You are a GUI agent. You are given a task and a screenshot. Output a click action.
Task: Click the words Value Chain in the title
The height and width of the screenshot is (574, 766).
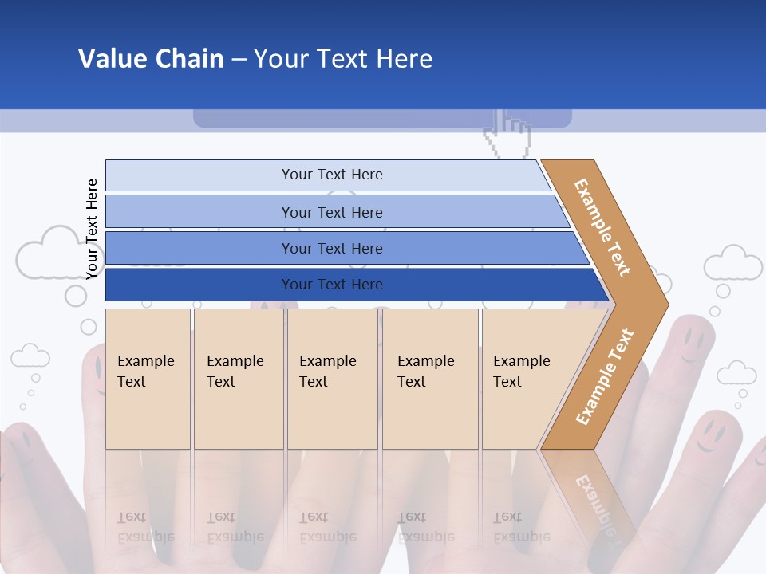point(151,58)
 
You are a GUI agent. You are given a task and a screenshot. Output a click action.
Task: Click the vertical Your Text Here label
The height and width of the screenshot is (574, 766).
point(92,229)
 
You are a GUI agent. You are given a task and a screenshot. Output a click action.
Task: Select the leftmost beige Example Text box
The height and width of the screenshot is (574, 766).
point(148,379)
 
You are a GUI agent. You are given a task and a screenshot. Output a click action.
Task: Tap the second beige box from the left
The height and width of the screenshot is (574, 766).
point(239,379)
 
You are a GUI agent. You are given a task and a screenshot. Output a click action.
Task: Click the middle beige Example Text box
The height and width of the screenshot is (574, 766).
point(332,379)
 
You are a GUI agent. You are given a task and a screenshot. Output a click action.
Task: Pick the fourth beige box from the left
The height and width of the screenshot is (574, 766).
point(430,379)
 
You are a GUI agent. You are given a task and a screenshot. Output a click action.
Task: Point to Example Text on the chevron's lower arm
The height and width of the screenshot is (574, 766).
point(605,376)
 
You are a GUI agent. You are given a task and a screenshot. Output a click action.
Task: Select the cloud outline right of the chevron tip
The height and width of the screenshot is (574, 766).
point(732,264)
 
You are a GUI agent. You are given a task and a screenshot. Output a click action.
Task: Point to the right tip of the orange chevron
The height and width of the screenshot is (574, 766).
point(666,304)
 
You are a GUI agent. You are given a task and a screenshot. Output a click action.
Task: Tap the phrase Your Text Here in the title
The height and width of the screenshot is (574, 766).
point(343,58)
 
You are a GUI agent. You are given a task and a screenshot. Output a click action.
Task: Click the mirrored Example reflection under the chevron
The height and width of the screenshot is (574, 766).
point(594,502)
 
